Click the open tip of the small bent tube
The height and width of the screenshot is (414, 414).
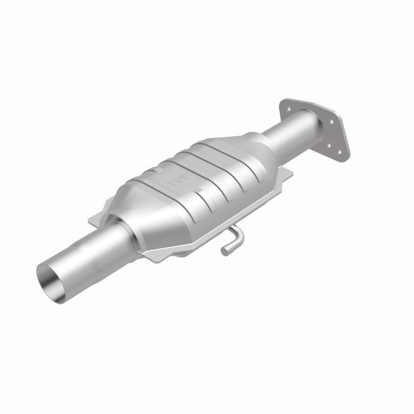click(225, 252)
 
